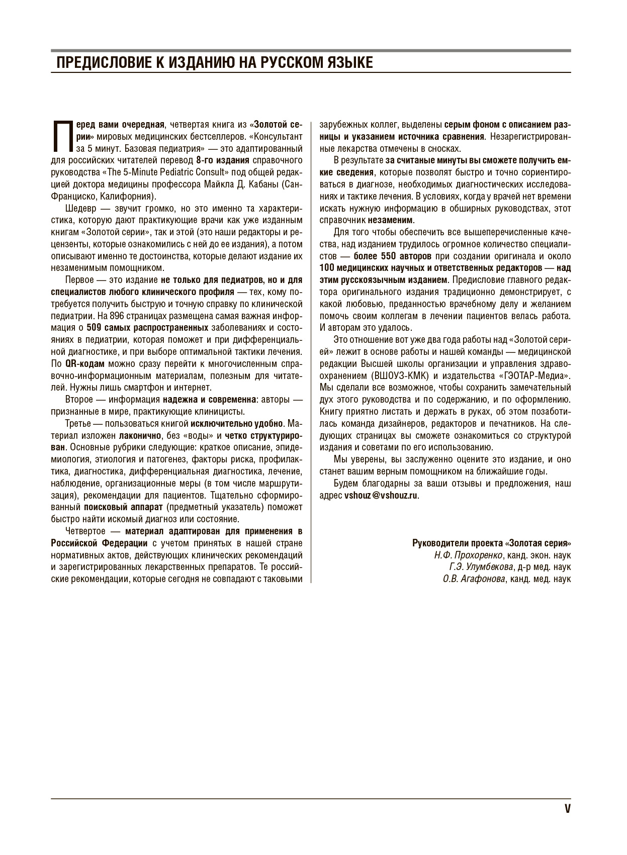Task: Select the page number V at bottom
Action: [567, 809]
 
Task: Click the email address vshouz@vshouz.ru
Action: [381, 495]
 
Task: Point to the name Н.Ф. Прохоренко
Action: [469, 555]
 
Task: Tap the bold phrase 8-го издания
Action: [222, 160]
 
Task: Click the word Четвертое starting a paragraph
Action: [85, 531]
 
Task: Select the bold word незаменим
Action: [391, 220]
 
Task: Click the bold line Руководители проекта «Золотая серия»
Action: [491, 543]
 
